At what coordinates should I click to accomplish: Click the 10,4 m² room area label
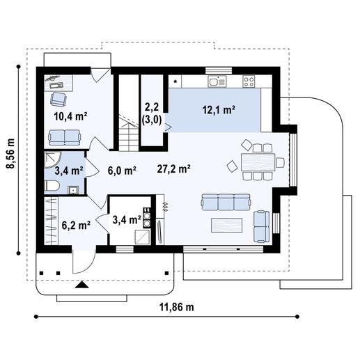point(70,116)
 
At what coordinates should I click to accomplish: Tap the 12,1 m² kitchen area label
point(219,110)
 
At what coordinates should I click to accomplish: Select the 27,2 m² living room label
point(174,168)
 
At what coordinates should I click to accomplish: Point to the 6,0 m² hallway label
point(122,171)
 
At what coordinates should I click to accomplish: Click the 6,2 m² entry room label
point(76,225)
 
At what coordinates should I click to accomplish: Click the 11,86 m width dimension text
point(177,307)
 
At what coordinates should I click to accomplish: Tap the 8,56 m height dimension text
point(10,153)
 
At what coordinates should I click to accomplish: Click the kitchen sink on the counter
point(217,81)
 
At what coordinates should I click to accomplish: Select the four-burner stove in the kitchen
point(249,81)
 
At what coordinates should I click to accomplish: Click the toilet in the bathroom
point(52,186)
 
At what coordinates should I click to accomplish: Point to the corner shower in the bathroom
point(53,159)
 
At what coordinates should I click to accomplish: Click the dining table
point(258,162)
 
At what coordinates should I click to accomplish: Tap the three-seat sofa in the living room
point(226,202)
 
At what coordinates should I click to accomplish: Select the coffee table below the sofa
point(227,225)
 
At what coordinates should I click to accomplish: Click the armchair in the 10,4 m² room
point(58,100)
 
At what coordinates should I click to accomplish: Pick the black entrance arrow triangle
point(81,285)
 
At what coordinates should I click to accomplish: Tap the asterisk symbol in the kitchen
point(175,81)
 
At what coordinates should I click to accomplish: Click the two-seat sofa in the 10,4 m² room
point(65,137)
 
